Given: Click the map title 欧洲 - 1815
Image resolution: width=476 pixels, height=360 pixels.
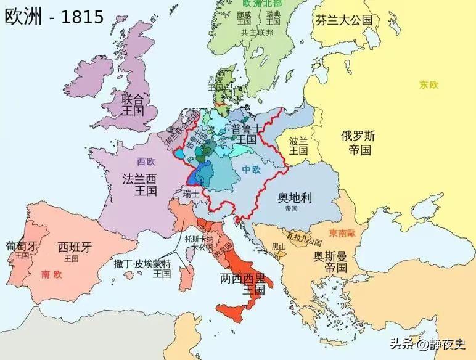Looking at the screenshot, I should (54, 17).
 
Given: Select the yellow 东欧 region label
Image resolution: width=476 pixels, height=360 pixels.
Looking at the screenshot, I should (429, 85).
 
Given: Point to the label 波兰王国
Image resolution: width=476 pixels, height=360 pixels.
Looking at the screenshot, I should (299, 145).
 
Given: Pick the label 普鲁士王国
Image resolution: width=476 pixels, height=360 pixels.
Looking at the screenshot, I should (245, 134).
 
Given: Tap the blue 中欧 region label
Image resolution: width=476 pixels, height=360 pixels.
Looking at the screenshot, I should (251, 169).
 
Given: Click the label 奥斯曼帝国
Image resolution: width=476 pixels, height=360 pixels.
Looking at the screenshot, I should (329, 261).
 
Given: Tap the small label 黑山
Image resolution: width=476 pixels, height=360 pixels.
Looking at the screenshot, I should (279, 247).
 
